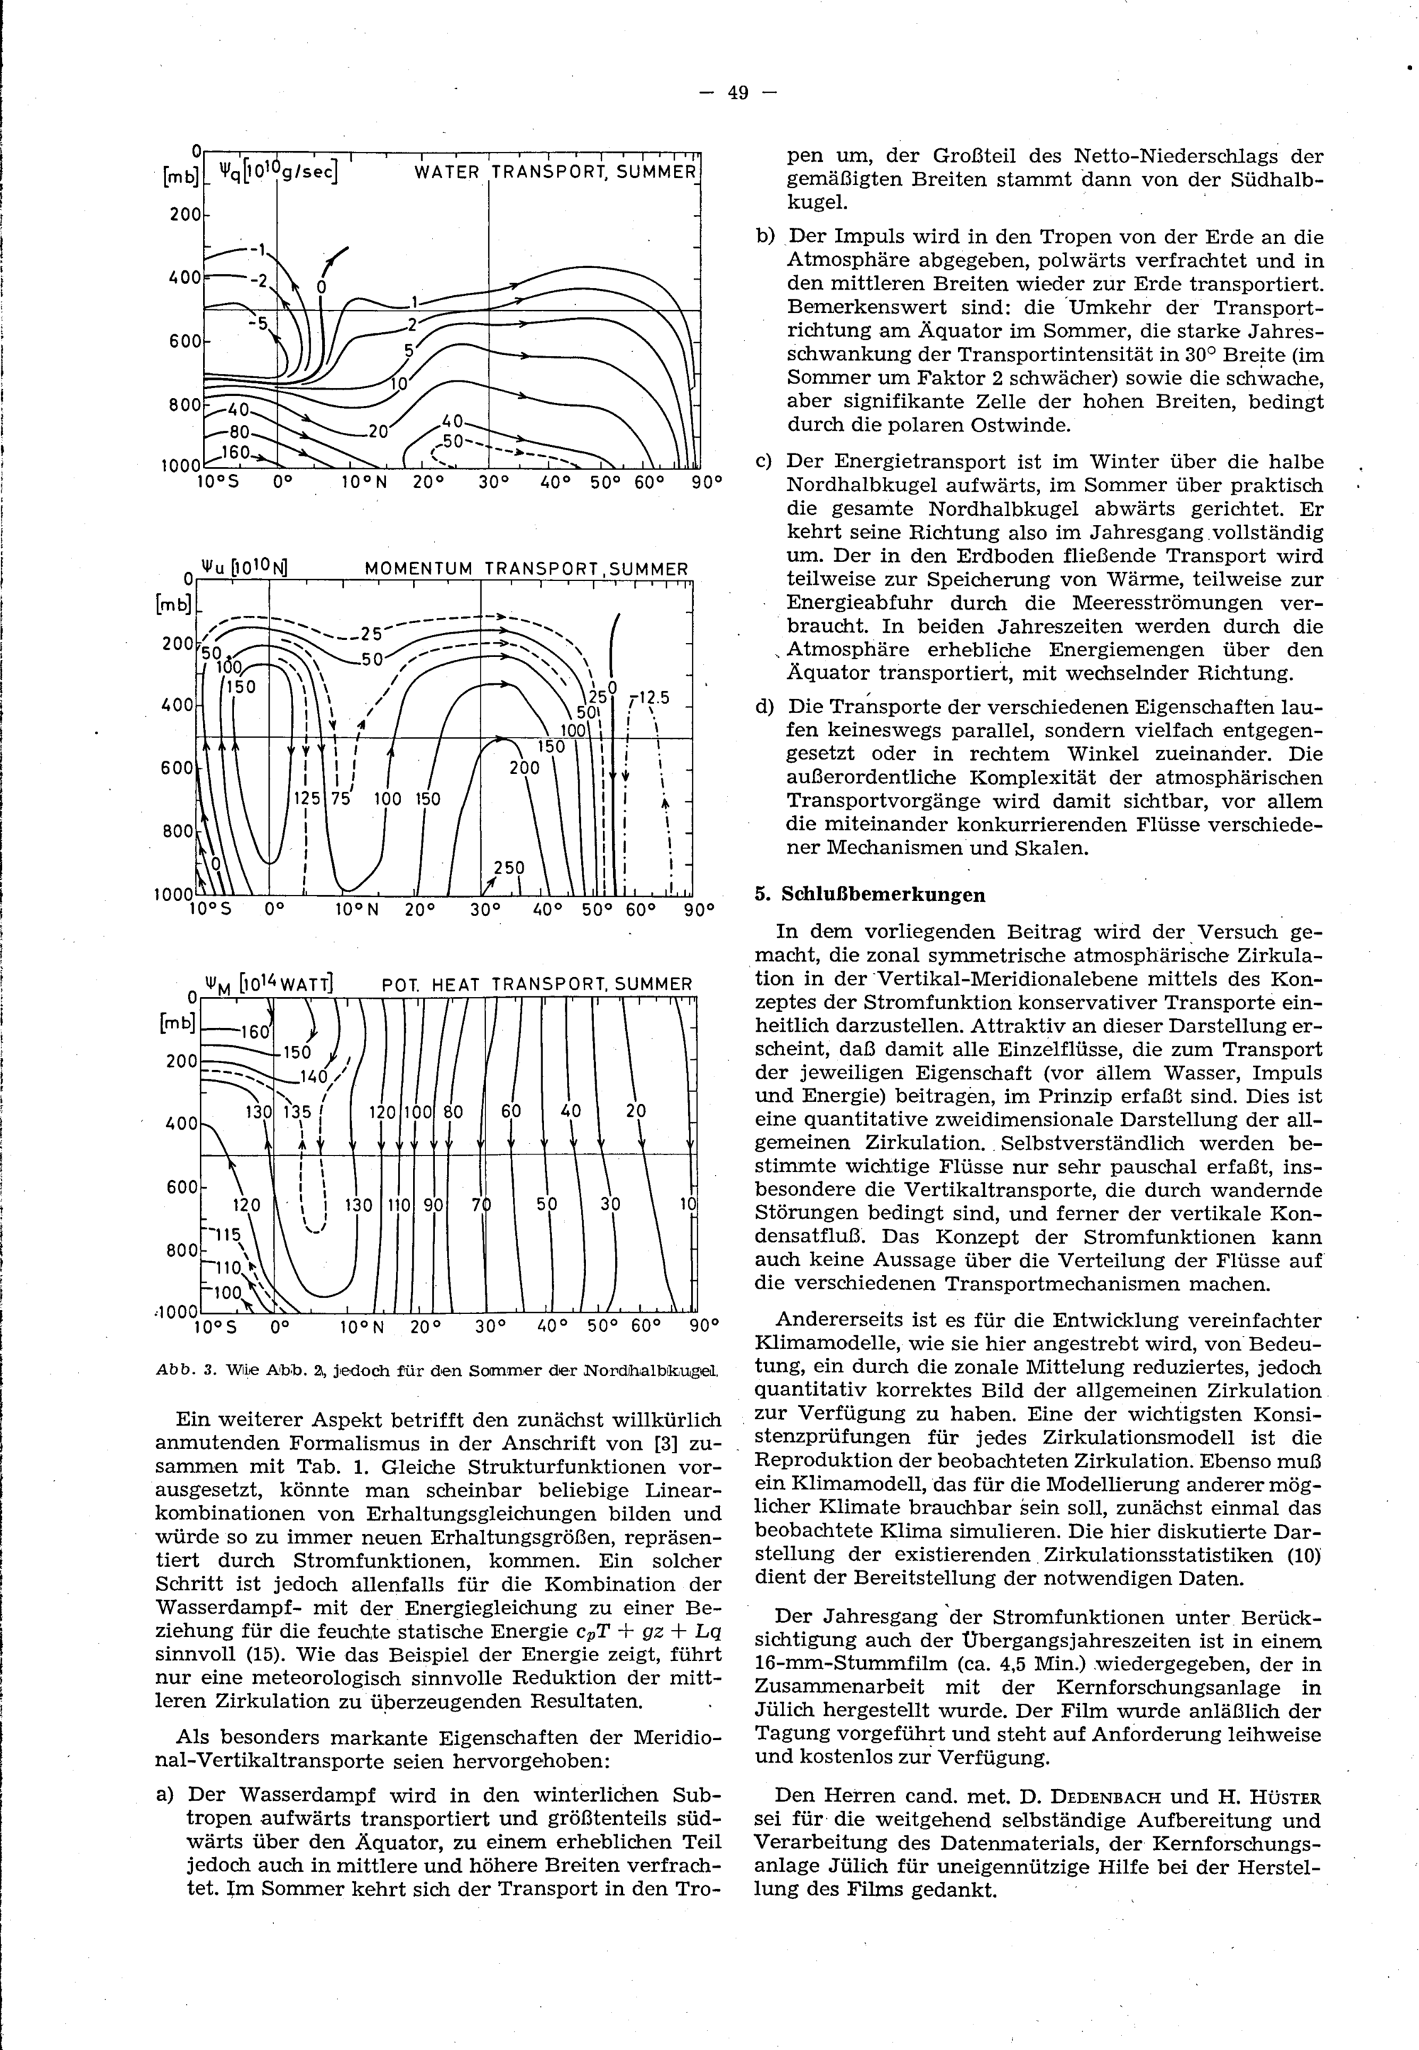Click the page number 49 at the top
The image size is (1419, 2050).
pos(738,92)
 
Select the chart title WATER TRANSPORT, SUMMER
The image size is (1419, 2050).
pos(555,172)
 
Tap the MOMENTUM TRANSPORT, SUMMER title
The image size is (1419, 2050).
pos(526,569)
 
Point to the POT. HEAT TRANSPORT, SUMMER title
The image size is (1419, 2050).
pos(536,985)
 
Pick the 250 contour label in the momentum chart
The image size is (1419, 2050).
pos(509,868)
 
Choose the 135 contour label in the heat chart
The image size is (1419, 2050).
pos(297,1112)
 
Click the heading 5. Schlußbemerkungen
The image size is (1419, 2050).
pos(870,894)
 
